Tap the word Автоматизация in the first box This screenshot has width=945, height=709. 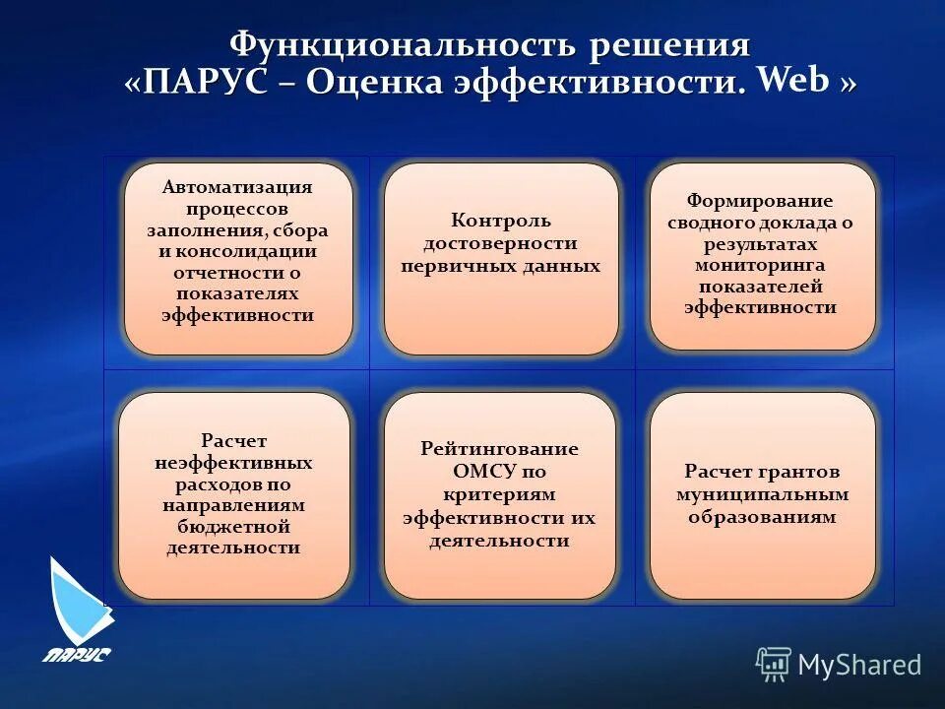pyautogui.click(x=237, y=187)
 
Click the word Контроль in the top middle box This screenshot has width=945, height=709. pyautogui.click(x=500, y=221)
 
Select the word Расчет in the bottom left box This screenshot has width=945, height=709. pyautogui.click(x=233, y=441)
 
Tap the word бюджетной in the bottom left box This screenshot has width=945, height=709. pyautogui.click(x=233, y=527)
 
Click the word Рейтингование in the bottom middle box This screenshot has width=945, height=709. pyautogui.click(x=499, y=449)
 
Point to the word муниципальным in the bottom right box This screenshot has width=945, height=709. pyautogui.click(x=762, y=494)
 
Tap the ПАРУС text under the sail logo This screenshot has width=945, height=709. pyautogui.click(x=76, y=654)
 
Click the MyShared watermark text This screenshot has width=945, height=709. pyautogui.click(x=858, y=666)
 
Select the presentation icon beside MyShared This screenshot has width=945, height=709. pyautogui.click(x=774, y=665)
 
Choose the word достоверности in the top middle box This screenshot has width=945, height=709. pyautogui.click(x=500, y=243)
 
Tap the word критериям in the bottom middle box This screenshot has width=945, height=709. pyautogui.click(x=499, y=494)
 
